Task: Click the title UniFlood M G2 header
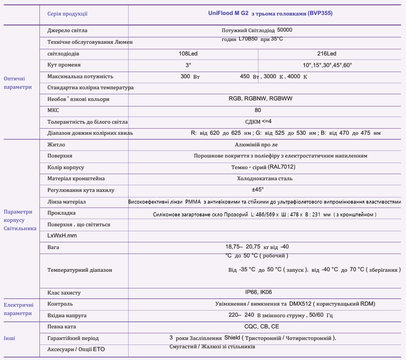click(266, 13)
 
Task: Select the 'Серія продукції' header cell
click(68, 13)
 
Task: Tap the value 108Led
click(188, 54)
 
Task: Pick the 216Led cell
click(327, 54)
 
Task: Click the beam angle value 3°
click(188, 65)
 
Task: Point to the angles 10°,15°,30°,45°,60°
click(327, 65)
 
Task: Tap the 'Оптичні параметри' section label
click(18, 83)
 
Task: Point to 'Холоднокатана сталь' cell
click(265, 179)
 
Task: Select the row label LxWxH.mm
click(62, 236)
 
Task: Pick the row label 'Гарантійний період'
click(73, 338)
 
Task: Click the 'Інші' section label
click(10, 338)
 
